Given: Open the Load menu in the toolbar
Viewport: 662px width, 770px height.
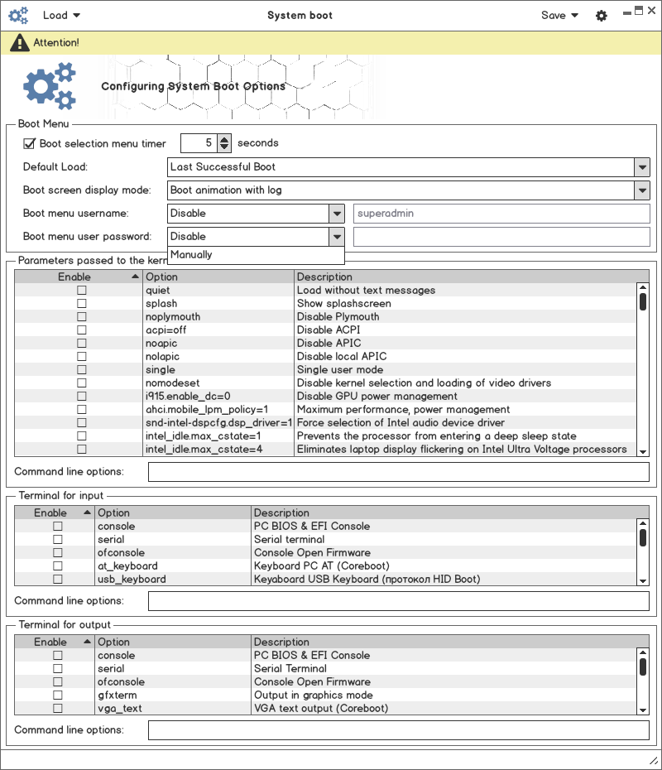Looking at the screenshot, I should click(61, 15).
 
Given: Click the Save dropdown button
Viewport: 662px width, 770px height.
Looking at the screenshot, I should click(559, 15).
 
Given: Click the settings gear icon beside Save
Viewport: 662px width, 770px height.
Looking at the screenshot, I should click(602, 16).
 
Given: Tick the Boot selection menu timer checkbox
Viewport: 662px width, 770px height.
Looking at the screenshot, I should click(29, 143).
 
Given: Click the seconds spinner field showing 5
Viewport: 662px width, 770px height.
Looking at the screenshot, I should click(199, 143).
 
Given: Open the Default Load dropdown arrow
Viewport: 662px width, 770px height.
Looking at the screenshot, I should click(642, 166).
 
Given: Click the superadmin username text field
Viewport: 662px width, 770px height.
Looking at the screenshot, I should click(501, 213).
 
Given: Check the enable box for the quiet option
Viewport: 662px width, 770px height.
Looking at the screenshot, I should click(81, 291).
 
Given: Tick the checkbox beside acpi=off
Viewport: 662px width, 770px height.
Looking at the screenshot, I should click(81, 330).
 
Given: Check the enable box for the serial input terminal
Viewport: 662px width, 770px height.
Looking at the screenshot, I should click(58, 540).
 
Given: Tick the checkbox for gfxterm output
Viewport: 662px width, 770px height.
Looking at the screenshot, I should click(58, 695).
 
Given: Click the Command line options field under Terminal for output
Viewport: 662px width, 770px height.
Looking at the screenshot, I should click(398, 730).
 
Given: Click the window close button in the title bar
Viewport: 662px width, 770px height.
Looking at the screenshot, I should click(650, 10).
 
